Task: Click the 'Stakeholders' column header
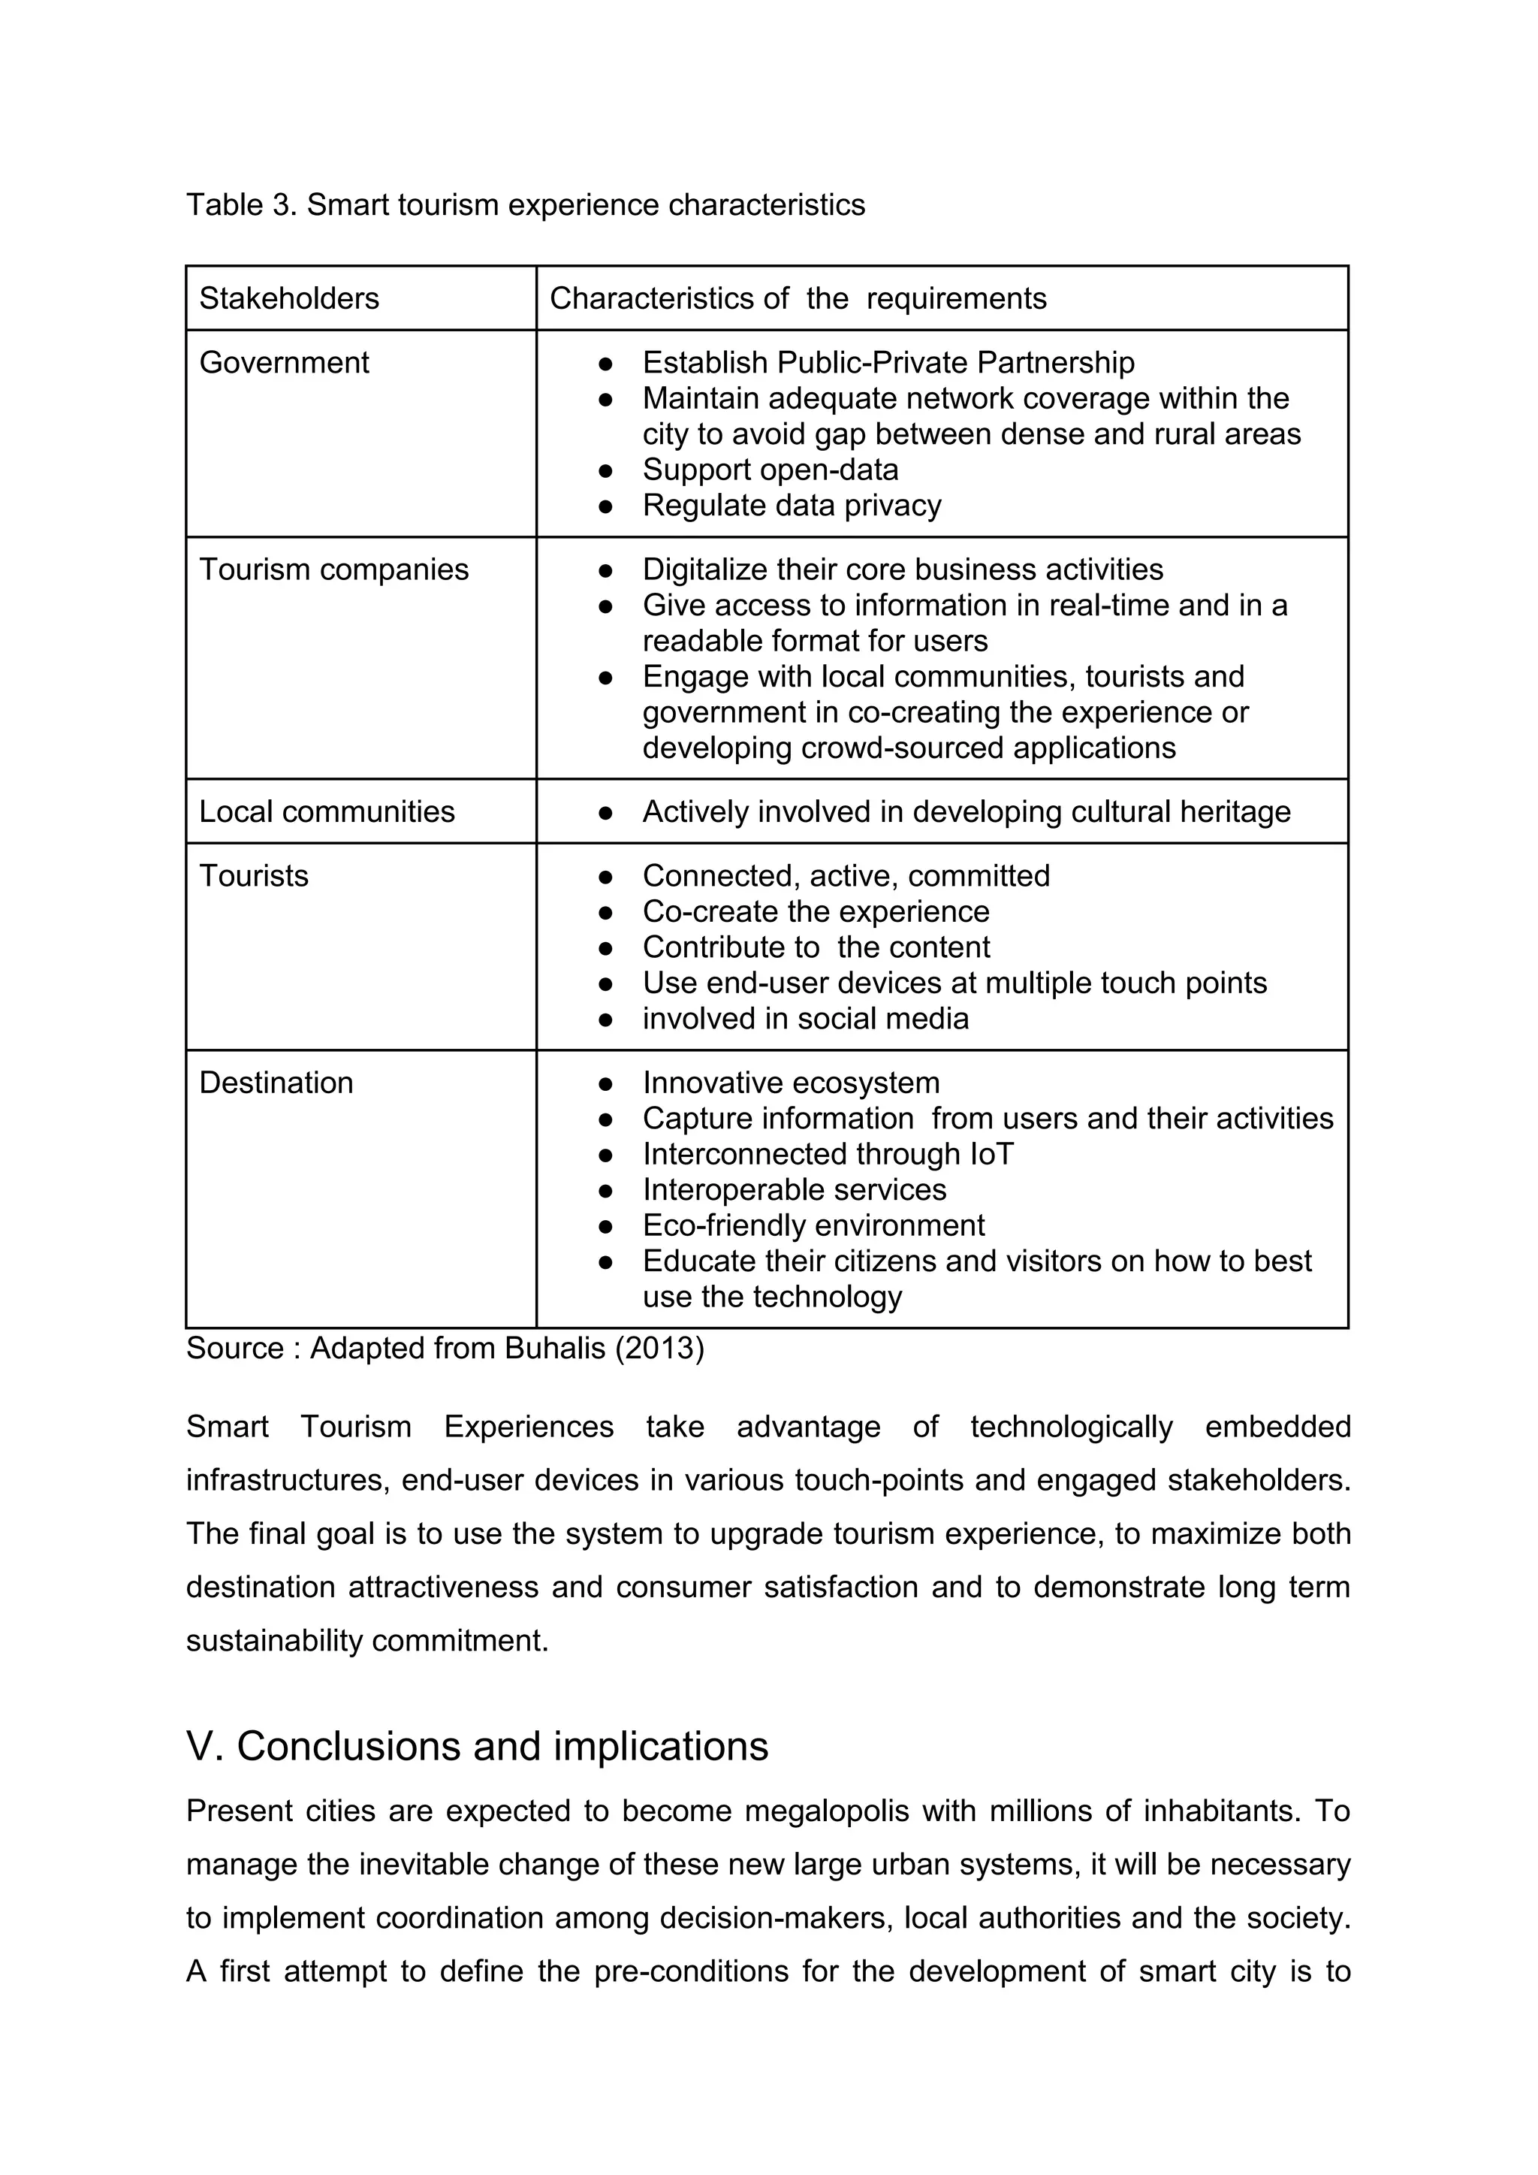289,298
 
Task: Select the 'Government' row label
284,363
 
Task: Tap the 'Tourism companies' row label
333,569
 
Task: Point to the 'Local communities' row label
327,812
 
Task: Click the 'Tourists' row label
254,876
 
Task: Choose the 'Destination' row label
276,1083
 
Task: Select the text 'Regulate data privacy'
792,506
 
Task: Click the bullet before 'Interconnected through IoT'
606,1155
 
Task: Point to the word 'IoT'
991,1154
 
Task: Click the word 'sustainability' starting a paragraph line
273,1641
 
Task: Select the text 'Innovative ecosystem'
791,1083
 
